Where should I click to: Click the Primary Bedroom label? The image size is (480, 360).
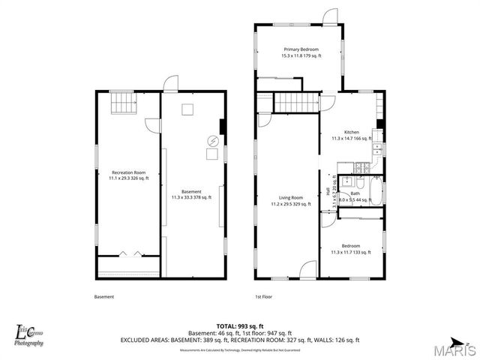point(300,49)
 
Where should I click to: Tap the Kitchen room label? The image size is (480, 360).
point(352,132)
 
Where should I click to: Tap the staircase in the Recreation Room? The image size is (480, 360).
point(122,103)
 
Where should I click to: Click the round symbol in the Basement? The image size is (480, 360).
point(213,140)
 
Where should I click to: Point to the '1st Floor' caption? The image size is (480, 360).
point(263,296)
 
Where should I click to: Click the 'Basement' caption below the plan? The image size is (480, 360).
point(104,296)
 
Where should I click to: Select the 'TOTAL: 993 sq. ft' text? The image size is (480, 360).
point(240,325)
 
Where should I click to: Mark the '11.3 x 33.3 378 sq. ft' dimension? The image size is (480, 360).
point(191,197)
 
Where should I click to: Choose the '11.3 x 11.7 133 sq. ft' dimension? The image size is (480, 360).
point(351,252)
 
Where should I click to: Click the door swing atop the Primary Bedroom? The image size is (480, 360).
point(329,16)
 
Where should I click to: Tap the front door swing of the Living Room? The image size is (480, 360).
point(308,270)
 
